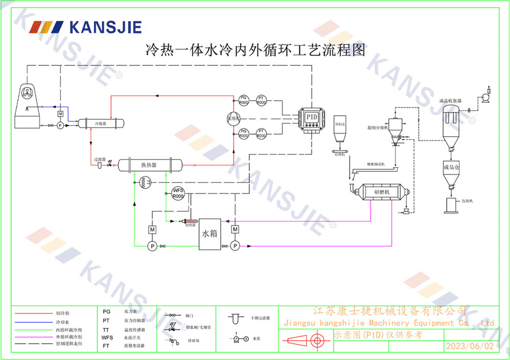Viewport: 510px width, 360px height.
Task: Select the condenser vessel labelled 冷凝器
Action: pos(100,123)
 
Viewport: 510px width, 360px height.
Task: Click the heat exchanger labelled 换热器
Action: pos(150,165)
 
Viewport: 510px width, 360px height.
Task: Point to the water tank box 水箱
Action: pos(210,234)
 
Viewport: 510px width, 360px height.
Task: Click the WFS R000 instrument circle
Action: pos(177,194)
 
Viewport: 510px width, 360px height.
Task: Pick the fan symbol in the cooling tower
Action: pos(27,92)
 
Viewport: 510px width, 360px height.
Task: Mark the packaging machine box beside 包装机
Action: pos(451,205)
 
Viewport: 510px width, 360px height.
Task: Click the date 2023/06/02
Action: pos(470,346)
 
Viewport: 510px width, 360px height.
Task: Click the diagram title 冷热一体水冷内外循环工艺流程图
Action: pos(256,50)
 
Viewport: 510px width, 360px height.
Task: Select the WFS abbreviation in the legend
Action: pos(107,337)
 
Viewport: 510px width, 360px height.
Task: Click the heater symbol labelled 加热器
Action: pos(189,221)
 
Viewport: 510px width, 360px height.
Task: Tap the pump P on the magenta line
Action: pos(235,246)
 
